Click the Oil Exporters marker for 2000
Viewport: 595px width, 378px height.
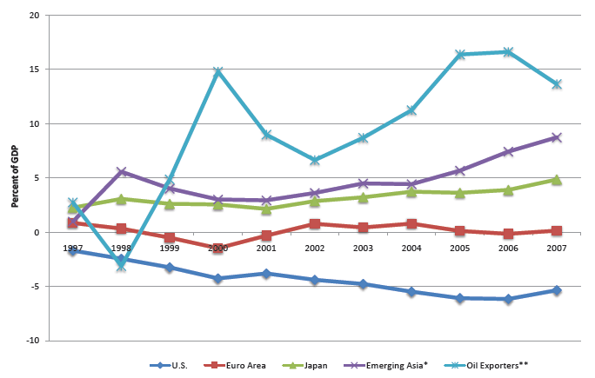tap(218, 71)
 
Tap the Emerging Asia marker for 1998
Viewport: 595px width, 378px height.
tap(122, 172)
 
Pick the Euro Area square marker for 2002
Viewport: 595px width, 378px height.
tap(315, 223)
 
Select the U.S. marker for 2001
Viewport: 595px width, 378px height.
tap(267, 274)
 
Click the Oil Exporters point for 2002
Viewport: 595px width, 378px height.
tap(315, 160)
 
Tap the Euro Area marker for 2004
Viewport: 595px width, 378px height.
tap(412, 223)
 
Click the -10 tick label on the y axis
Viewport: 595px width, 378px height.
tap(31, 341)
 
